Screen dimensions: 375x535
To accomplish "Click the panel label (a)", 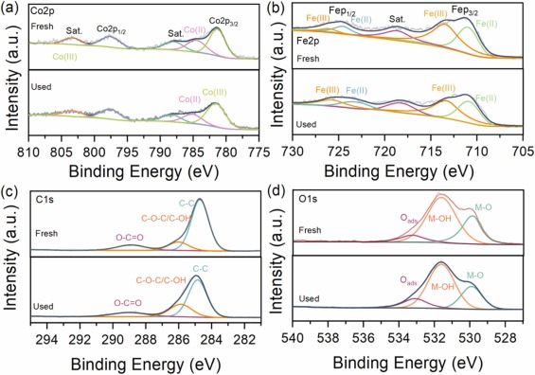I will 9,8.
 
